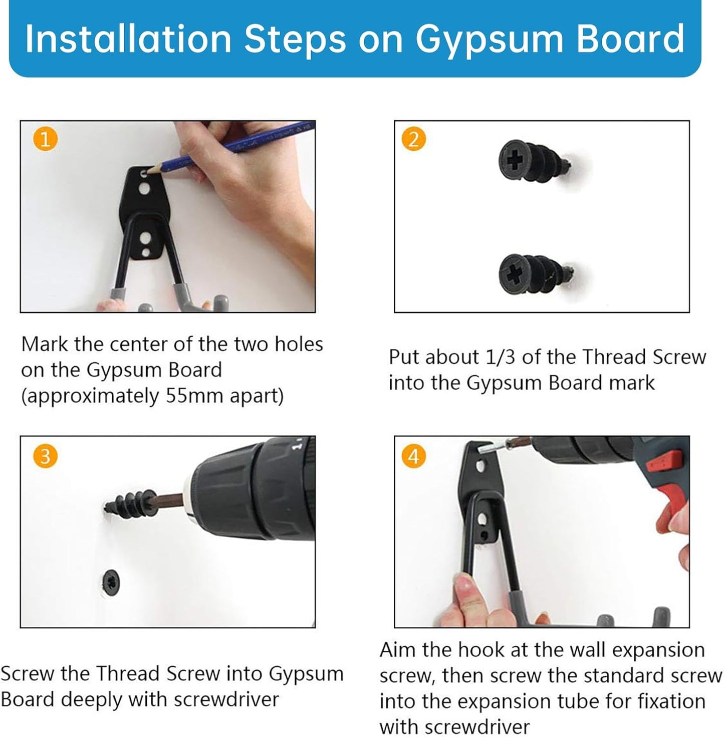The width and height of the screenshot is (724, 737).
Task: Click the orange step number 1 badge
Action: [x=45, y=139]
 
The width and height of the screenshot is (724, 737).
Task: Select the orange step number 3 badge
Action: [x=45, y=456]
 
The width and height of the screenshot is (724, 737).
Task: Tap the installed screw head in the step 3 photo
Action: [x=111, y=582]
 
